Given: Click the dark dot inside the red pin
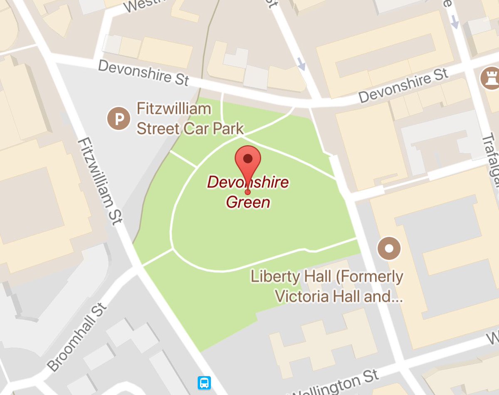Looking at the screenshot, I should click(x=248, y=158).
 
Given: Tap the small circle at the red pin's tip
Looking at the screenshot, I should click(x=248, y=192).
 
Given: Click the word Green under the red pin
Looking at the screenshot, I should click(x=248, y=202).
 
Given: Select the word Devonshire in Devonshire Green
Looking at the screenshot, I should click(x=248, y=182).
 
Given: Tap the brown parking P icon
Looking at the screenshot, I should click(x=119, y=118).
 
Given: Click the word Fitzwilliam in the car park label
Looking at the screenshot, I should click(x=174, y=109).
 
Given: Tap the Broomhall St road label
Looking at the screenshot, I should click(x=77, y=337).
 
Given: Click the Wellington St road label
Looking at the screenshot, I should click(x=335, y=383).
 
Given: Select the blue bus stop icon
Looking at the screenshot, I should click(x=204, y=383).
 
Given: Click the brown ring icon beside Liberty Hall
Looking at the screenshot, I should click(x=389, y=248).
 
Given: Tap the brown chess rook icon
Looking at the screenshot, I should click(x=490, y=78).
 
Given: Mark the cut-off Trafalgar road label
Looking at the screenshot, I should click(x=492, y=162).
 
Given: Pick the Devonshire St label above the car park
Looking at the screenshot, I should click(x=143, y=72).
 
